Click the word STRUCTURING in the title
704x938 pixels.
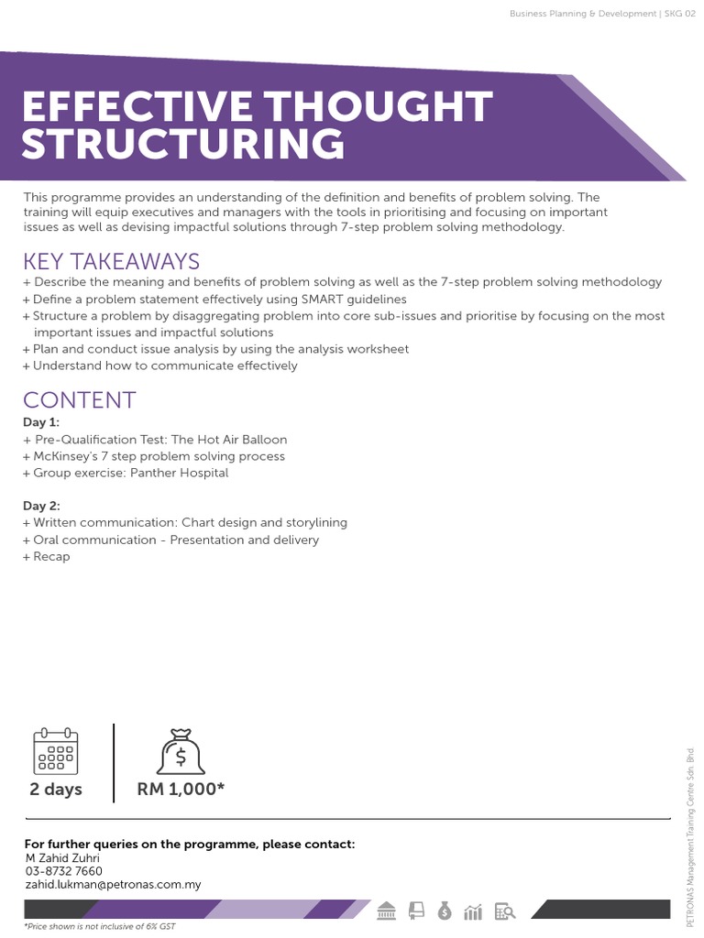183,145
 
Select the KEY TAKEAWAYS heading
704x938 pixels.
111,261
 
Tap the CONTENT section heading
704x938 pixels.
80,399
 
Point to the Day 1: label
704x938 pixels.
41,422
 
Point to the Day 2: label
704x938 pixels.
41,506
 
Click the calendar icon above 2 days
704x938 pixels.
56,752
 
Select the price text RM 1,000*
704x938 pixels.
181,790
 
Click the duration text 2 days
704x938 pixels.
56,790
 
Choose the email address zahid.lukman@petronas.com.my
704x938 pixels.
112,885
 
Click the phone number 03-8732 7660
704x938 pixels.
63,871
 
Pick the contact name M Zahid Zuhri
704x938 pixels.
62,857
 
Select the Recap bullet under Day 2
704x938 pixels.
51,556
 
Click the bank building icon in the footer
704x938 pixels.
387,911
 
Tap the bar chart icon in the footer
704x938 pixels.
474,911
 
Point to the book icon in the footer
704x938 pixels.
417,911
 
